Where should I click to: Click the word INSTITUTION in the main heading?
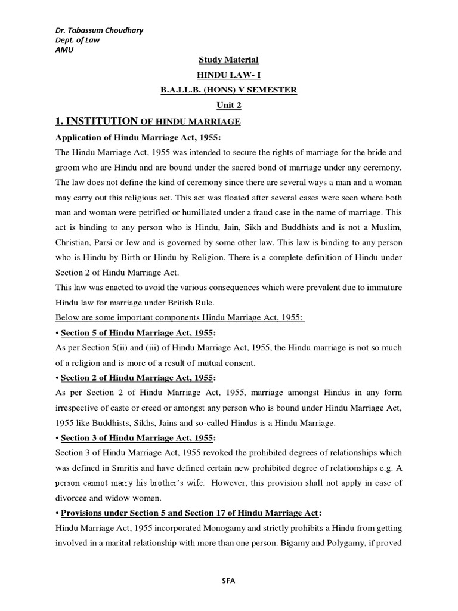103,121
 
